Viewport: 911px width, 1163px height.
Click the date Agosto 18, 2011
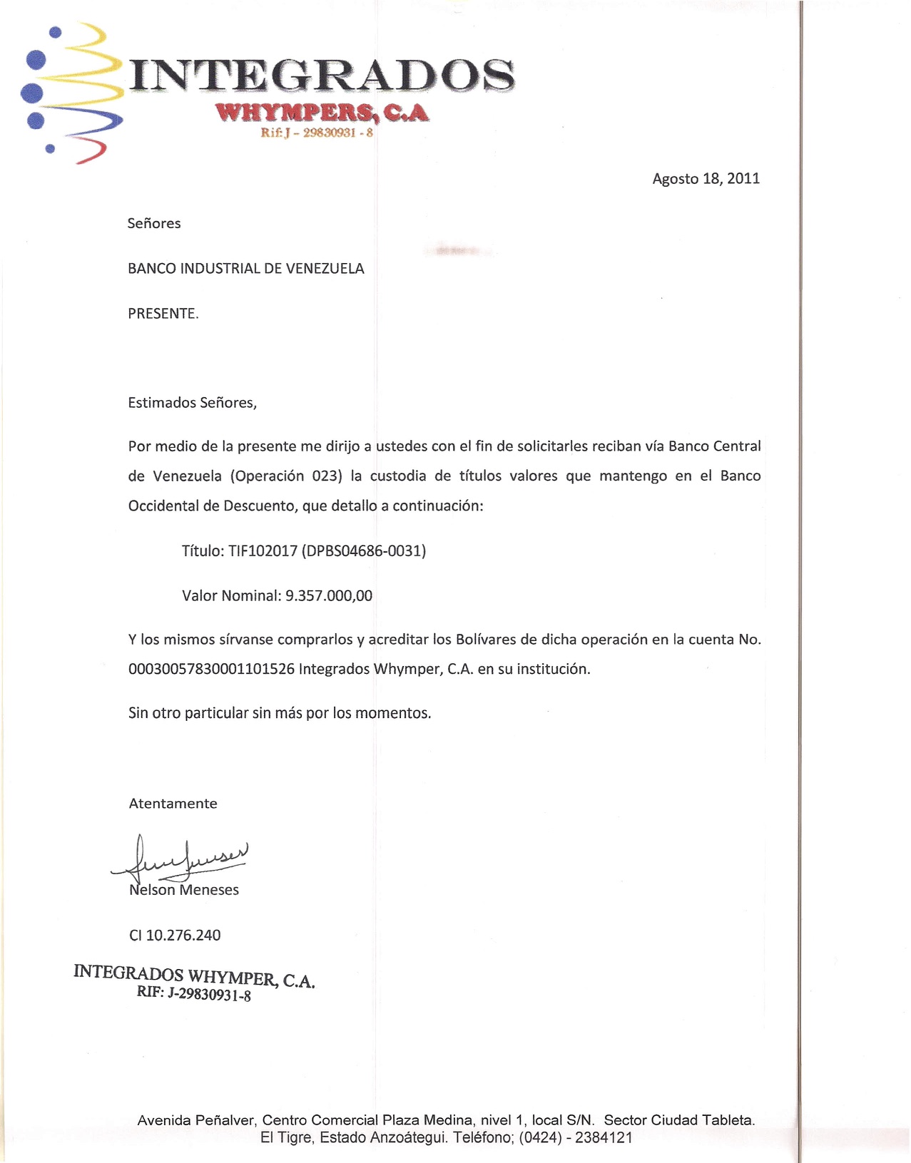tap(706, 178)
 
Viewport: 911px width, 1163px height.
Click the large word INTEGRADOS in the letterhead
tap(321, 76)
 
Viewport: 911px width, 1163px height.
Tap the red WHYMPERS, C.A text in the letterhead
tap(322, 113)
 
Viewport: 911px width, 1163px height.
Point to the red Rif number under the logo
tap(317, 133)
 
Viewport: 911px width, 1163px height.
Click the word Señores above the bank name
tap(154, 223)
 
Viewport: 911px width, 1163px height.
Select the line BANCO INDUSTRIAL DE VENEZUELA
tap(245, 269)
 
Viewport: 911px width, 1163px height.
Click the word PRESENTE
tap(163, 314)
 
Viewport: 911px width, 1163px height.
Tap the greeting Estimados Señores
tap(192, 403)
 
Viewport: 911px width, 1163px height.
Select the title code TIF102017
tap(263, 551)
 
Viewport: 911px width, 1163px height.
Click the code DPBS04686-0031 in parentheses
tap(364, 551)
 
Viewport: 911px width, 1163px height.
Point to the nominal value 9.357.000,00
tap(329, 596)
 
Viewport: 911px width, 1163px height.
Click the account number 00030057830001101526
tap(211, 670)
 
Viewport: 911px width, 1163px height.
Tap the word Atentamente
tap(173, 804)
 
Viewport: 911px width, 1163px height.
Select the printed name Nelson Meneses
tap(184, 890)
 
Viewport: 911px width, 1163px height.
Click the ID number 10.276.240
tap(183, 936)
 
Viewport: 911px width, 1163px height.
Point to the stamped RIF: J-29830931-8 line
tap(194, 994)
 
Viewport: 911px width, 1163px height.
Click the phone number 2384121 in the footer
tap(604, 1137)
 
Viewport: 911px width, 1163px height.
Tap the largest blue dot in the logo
tap(31, 93)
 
